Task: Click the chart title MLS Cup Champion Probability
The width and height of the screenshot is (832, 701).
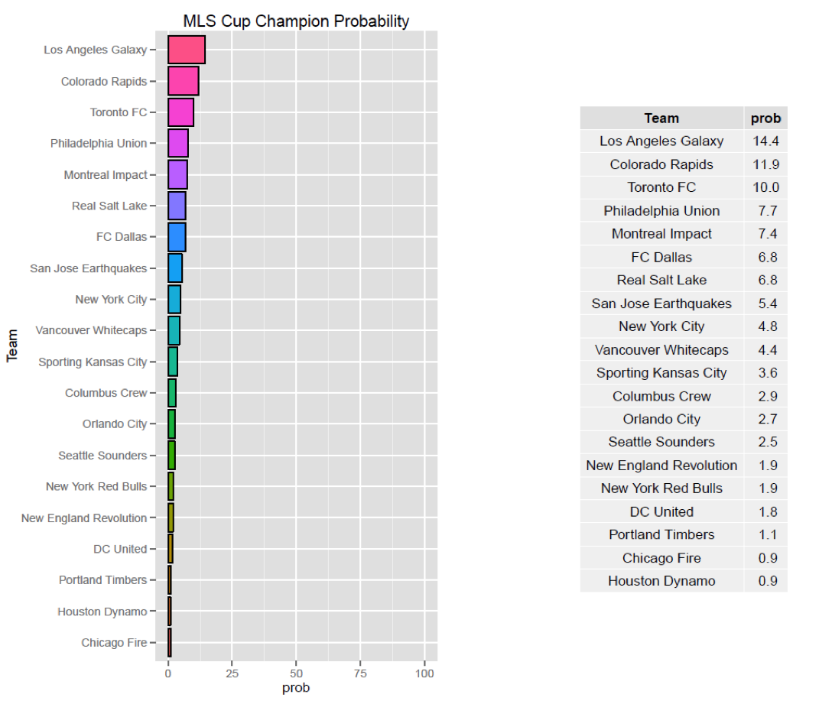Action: point(296,21)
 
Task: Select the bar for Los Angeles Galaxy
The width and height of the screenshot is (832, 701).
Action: point(186,50)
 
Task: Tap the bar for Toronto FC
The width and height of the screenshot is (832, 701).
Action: point(180,112)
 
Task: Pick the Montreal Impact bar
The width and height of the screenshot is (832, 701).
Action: point(177,175)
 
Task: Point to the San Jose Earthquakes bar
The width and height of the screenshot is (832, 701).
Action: point(175,268)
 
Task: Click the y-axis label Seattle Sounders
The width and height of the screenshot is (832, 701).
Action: point(102,456)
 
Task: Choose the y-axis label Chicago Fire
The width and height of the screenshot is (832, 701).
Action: point(114,643)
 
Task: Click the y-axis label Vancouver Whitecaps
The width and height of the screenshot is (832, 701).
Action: point(91,331)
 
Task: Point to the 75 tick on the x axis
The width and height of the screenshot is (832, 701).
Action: point(360,673)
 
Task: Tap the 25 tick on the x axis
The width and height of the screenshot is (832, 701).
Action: point(232,673)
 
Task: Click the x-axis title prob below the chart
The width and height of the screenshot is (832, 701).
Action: point(296,688)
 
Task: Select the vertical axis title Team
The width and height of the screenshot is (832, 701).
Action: point(13,346)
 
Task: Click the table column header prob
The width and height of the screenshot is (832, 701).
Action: point(765,118)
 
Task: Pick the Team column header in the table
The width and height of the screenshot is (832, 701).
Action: point(661,118)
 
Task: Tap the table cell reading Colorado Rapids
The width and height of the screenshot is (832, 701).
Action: point(661,164)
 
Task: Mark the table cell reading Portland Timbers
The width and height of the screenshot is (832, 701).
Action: point(661,534)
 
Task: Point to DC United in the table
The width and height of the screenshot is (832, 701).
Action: point(661,511)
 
